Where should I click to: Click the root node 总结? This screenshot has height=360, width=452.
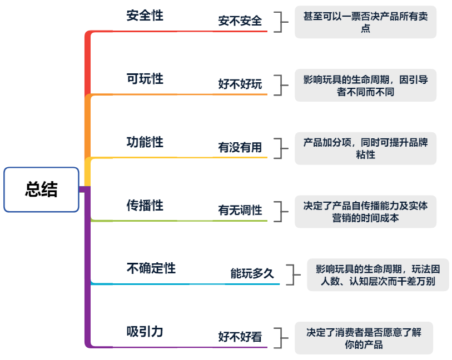(41, 189)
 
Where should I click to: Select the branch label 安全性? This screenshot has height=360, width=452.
(145, 16)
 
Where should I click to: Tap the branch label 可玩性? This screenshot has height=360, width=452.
(145, 79)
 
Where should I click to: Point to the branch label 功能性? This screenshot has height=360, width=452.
(145, 142)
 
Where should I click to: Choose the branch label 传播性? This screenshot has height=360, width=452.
(145, 206)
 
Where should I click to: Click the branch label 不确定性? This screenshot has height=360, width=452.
(151, 269)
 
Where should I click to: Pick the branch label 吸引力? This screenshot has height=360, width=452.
(145, 332)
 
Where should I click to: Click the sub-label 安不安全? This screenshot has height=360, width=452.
(240, 21)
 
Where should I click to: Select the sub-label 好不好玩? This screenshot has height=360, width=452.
(240, 84)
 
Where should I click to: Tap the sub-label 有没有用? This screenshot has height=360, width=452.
(240, 148)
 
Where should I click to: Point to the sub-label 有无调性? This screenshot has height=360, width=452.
(240, 211)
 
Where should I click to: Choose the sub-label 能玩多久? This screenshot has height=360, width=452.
(252, 274)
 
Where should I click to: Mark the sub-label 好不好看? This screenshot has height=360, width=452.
(240, 337)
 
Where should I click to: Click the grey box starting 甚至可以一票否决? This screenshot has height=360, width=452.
(365, 22)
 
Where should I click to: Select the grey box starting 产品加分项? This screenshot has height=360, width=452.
(365, 148)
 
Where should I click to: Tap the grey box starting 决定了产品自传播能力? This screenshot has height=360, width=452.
(365, 212)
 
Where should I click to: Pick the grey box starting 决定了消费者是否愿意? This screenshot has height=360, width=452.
(364, 338)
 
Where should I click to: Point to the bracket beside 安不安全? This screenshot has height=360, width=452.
(285, 22)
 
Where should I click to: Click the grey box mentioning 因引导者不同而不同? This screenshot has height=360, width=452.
(365, 86)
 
